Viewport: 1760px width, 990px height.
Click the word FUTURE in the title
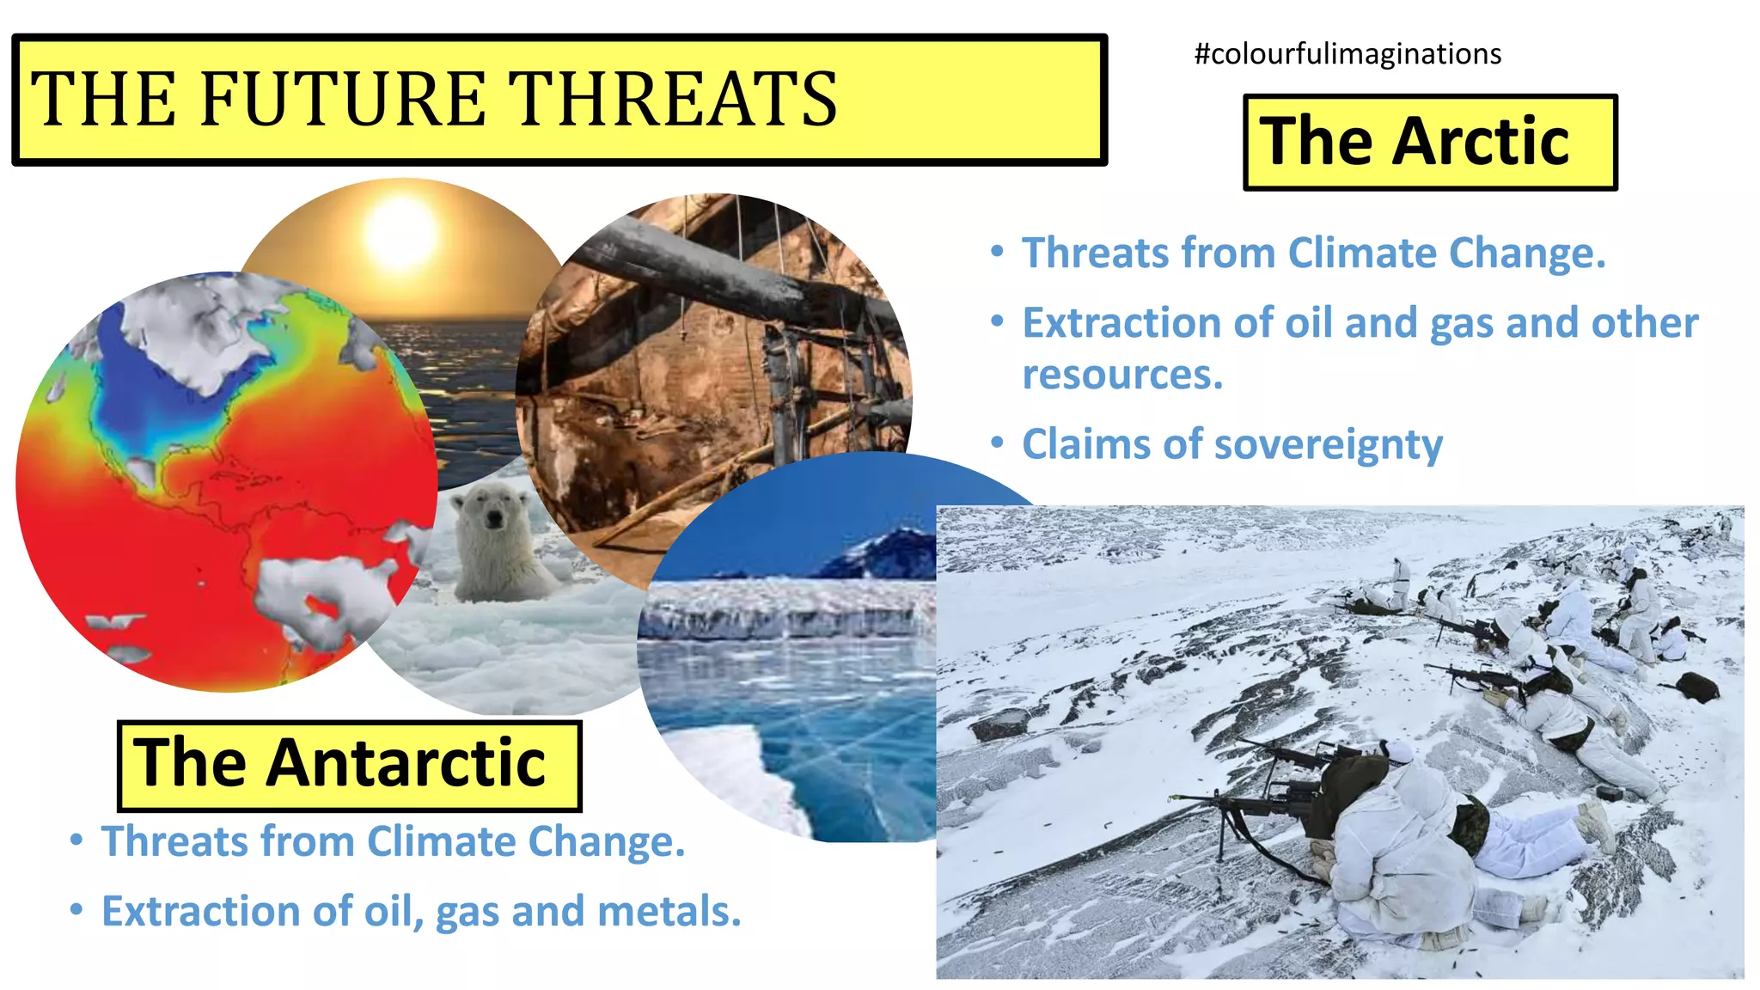pyautogui.click(x=343, y=99)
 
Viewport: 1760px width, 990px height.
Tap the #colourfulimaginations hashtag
pyautogui.click(x=1347, y=54)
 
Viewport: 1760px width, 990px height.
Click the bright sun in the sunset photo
pyautogui.click(x=401, y=235)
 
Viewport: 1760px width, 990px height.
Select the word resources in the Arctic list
pyautogui.click(x=1121, y=376)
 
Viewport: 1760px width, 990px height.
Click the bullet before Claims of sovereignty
pyautogui.click(x=997, y=443)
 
